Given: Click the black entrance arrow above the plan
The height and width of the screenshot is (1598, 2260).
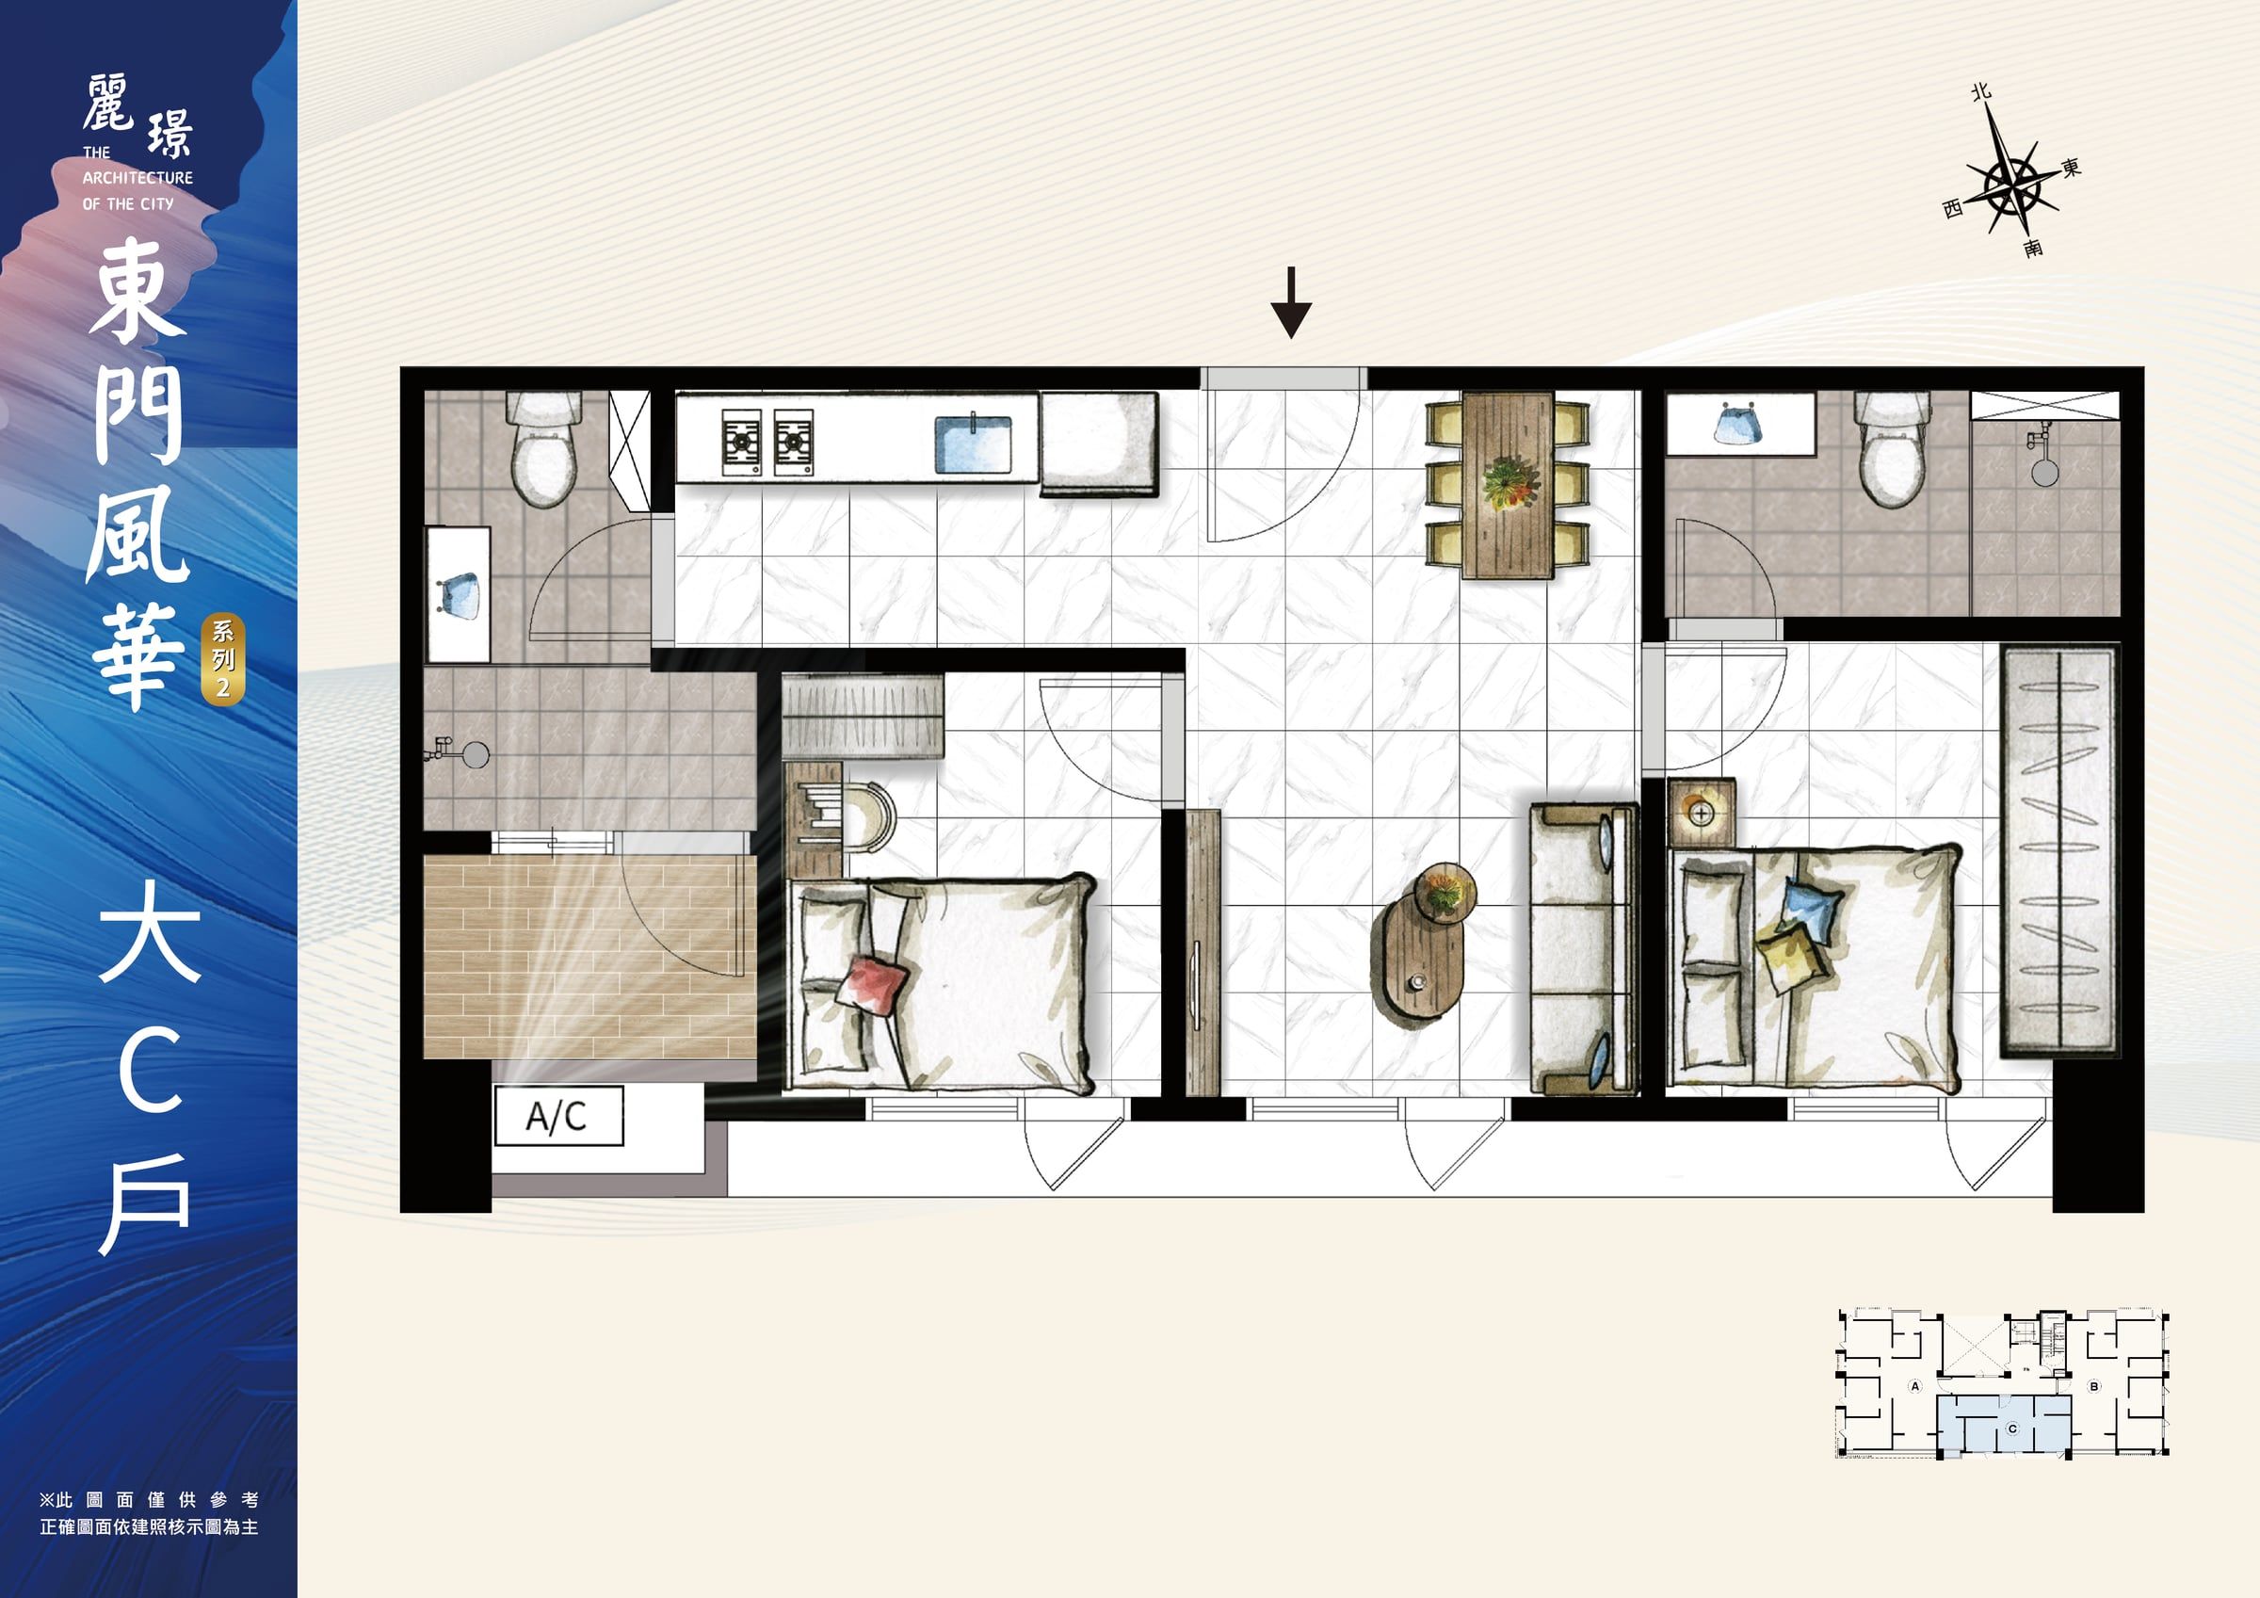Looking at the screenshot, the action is coord(1290,302).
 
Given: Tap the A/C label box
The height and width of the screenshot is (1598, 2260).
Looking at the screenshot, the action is coord(558,1116).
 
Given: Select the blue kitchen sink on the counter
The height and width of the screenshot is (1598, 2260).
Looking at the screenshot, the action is coord(973,444).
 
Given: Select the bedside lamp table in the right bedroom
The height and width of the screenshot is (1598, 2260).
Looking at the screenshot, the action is coord(1702,813).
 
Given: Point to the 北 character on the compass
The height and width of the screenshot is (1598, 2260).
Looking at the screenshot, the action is coord(1981,92).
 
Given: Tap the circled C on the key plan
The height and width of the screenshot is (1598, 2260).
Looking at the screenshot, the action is coord(2012,1429).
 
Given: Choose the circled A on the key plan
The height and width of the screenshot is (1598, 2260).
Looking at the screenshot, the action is coord(1914,1385).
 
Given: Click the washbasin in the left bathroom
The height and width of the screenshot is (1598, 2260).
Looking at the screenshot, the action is coord(459,595).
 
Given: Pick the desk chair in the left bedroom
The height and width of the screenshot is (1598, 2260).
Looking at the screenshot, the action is coord(866,815).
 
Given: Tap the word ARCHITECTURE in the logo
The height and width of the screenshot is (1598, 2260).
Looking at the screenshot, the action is coord(137,178).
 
